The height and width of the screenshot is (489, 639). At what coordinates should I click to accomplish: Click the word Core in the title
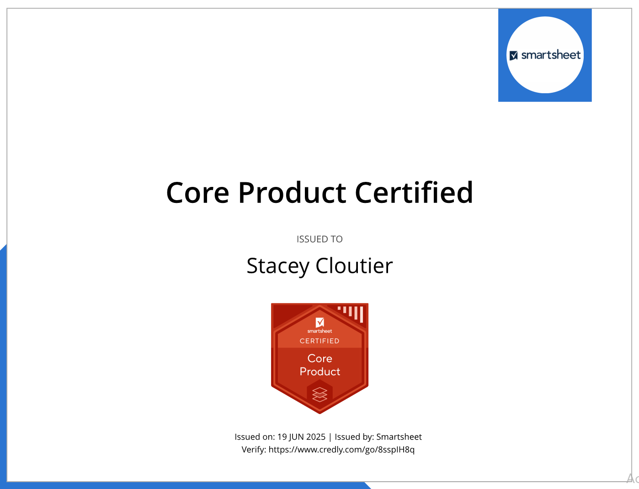pyautogui.click(x=197, y=193)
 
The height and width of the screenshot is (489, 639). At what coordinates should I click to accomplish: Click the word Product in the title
pyautogui.click(x=292, y=192)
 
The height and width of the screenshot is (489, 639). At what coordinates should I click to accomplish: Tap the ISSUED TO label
pyautogui.click(x=319, y=239)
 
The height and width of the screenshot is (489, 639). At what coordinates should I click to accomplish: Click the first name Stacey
pyautogui.click(x=278, y=266)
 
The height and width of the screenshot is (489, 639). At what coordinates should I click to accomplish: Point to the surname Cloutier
pyautogui.click(x=354, y=266)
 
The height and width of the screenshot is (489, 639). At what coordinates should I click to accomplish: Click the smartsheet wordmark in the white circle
pyautogui.click(x=551, y=55)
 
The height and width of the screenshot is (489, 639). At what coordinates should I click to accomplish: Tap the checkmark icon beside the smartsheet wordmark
pyautogui.click(x=513, y=55)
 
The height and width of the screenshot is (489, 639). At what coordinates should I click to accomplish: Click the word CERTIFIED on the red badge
pyautogui.click(x=319, y=341)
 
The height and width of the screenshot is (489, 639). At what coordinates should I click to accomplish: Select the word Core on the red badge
pyautogui.click(x=319, y=358)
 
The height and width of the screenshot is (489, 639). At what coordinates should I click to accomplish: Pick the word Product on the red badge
pyautogui.click(x=319, y=372)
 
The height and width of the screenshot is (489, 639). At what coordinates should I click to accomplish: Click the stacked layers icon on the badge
pyautogui.click(x=319, y=394)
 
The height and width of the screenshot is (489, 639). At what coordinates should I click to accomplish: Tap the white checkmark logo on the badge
pyautogui.click(x=319, y=322)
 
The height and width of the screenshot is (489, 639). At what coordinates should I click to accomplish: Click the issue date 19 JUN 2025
pyautogui.click(x=301, y=437)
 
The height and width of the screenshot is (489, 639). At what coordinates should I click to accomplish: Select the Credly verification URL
pyautogui.click(x=341, y=450)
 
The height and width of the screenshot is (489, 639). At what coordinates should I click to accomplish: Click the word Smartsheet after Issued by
pyautogui.click(x=399, y=437)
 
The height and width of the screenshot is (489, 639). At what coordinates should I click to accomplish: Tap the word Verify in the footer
pyautogui.click(x=254, y=450)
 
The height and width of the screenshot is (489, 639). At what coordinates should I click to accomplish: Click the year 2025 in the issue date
pyautogui.click(x=315, y=437)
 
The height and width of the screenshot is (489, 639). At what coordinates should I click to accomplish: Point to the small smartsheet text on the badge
pyautogui.click(x=319, y=331)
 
